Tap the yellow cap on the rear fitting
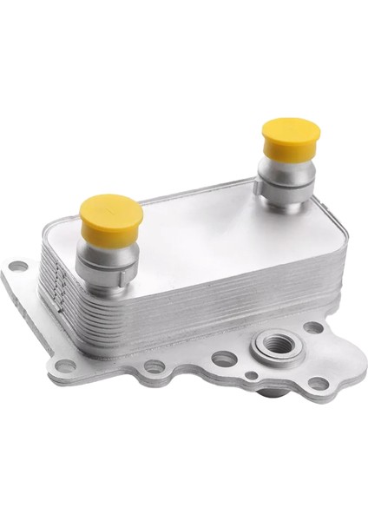click(x=291, y=137)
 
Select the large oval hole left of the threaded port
click(x=223, y=358)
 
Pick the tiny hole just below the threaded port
click(x=251, y=375)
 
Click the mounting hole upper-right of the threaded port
click(x=312, y=327)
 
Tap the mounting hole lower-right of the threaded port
click(x=319, y=383)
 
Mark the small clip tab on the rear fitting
click(x=261, y=186)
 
